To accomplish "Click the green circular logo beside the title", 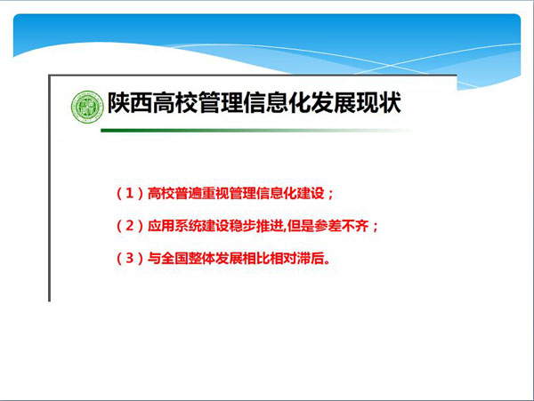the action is click(87, 107).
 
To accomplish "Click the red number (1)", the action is click(129, 194).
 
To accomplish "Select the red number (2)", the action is click(129, 226).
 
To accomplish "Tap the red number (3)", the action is click(129, 258).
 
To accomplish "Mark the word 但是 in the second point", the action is click(301, 226).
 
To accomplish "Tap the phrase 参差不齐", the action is click(341, 226).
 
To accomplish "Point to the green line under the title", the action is click(256, 131).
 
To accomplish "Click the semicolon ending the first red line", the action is click(330, 195).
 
